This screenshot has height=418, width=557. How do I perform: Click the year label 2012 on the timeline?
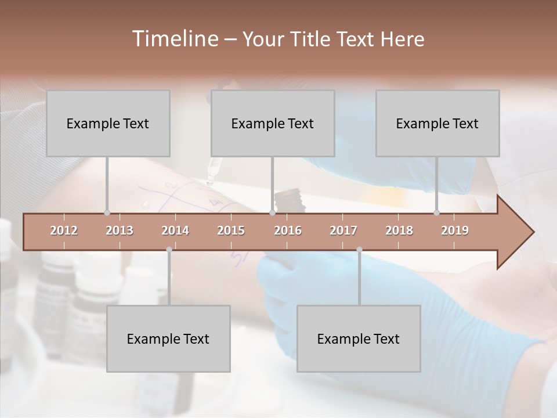64,230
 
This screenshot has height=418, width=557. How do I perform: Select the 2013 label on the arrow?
120,230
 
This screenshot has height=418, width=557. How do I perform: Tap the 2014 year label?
175,230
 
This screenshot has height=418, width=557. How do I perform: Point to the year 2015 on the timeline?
231,230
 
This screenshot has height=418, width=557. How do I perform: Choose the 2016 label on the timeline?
288,230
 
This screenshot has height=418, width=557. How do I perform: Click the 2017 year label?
343,230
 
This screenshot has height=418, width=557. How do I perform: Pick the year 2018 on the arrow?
399,230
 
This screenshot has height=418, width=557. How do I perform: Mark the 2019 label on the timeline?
455,230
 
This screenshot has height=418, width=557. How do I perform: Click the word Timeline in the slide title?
174,39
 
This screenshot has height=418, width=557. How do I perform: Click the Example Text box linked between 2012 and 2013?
108,123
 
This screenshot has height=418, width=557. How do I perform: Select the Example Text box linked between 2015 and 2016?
273,123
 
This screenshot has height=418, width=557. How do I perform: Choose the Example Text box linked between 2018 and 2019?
437,123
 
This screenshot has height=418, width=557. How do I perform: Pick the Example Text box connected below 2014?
168,338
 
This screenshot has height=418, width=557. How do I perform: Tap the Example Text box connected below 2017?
359,338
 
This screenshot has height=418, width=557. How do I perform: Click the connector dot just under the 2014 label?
169,250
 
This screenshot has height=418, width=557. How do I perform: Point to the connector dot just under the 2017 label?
359,250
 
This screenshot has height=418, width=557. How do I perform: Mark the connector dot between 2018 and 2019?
437,212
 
